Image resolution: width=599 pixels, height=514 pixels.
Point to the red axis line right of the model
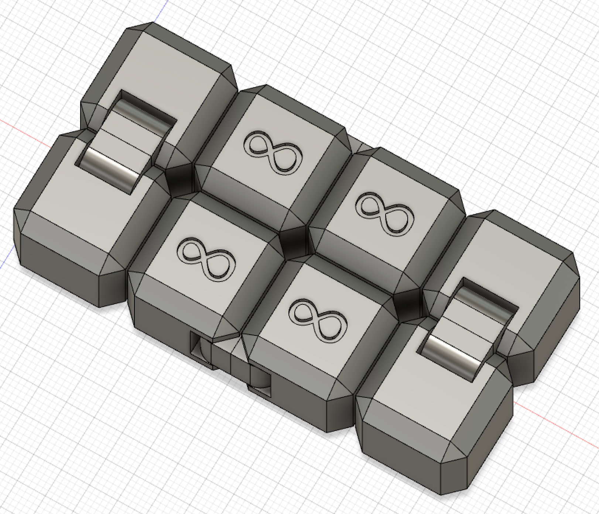click(554, 424)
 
